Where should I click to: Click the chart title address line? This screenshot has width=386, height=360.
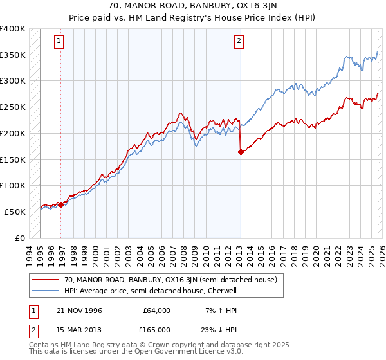193,5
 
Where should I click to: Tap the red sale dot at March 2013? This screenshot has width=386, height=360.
241,152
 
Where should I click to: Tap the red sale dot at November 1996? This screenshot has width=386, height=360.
61,204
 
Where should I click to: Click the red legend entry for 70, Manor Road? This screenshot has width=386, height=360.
170,280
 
